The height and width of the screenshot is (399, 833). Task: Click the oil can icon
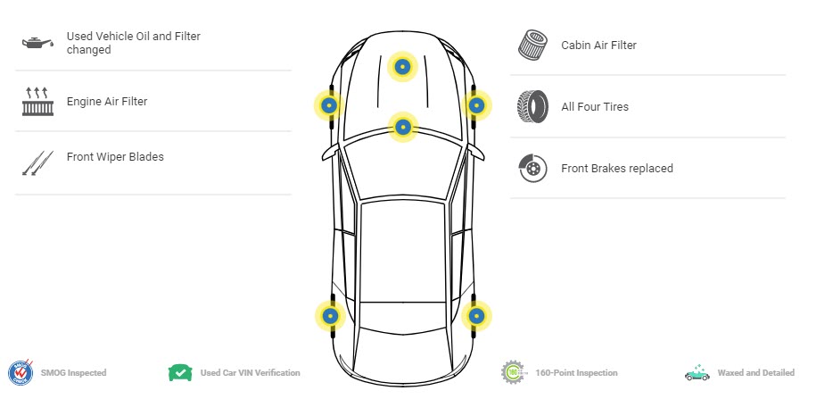(37, 43)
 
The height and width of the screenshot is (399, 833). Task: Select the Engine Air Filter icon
(37, 102)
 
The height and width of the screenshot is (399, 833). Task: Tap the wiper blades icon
(37, 162)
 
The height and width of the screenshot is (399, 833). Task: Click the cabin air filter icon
(532, 46)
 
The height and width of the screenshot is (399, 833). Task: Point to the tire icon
(532, 106)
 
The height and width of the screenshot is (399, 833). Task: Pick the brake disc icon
(532, 168)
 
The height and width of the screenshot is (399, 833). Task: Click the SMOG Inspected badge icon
(21, 372)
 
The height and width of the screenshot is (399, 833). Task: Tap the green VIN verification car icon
(180, 372)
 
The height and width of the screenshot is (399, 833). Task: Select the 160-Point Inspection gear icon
(514, 372)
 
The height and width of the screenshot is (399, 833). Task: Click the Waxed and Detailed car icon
(697, 372)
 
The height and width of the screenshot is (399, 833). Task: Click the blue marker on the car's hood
(403, 66)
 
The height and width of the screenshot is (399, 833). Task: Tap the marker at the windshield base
(403, 127)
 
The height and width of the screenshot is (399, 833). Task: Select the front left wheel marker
(329, 105)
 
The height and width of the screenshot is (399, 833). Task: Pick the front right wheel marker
(476, 105)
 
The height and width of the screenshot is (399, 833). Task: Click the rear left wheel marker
(330, 316)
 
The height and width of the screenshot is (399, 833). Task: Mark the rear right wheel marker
(476, 316)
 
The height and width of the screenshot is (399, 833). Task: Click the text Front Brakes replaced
(617, 168)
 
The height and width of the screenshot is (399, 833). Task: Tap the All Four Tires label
(595, 106)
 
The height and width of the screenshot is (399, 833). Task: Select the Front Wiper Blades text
(115, 157)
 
